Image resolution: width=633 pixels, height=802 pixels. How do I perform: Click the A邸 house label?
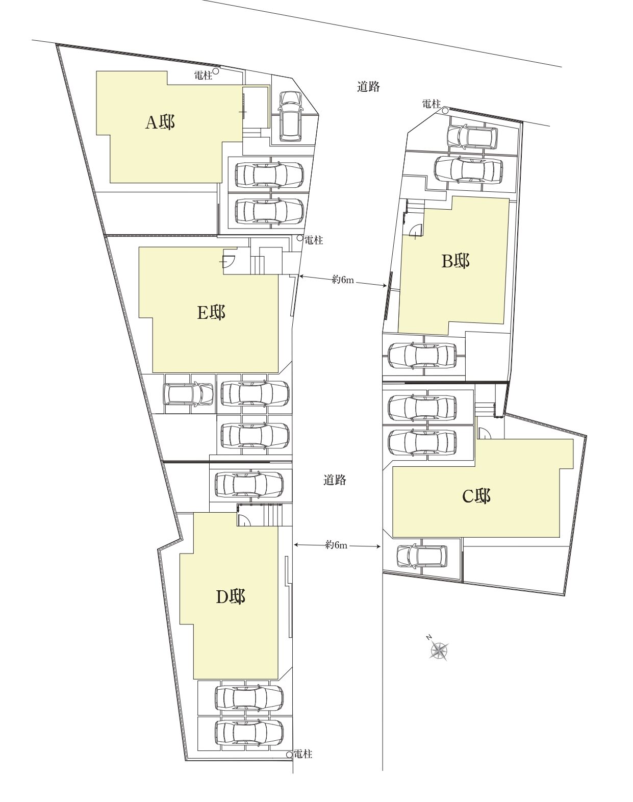click(x=160, y=122)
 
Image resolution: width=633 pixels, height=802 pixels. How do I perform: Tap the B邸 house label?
click(x=455, y=261)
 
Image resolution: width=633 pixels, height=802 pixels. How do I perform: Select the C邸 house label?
click(x=476, y=496)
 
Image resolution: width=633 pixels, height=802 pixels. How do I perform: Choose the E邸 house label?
click(x=211, y=312)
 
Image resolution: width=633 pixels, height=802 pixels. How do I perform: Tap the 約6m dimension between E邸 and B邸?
click(x=343, y=280)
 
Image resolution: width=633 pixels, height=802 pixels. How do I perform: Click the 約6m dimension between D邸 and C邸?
click(x=337, y=545)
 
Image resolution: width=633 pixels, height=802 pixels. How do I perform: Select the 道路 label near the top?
click(x=368, y=86)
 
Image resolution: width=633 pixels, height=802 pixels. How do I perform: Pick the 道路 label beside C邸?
click(x=335, y=480)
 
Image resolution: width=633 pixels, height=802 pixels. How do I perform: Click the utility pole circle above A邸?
click(x=215, y=69)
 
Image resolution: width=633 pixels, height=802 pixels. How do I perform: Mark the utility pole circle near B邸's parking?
click(x=445, y=110)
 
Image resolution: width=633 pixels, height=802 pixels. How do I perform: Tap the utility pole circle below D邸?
click(x=289, y=754)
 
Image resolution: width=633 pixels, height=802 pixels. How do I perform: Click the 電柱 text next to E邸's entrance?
click(x=313, y=240)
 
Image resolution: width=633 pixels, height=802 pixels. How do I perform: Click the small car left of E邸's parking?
click(x=188, y=394)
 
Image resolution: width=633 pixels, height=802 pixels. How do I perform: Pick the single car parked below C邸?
click(x=422, y=557)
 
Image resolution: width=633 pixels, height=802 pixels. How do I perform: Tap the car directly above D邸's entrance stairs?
click(x=249, y=485)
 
